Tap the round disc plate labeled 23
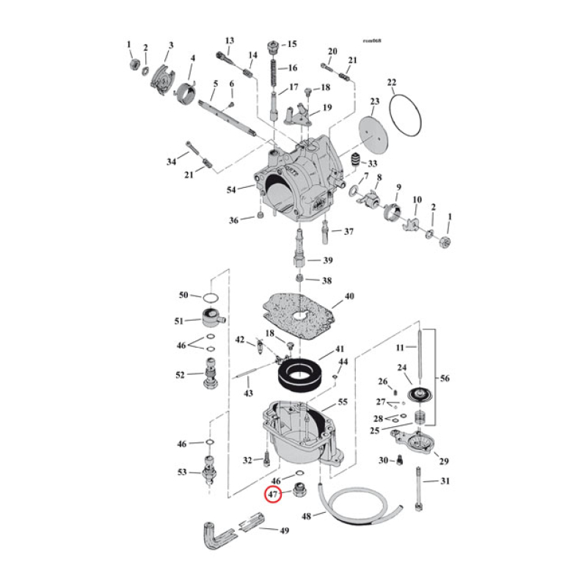pyautogui.click(x=374, y=125)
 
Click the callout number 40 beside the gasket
pyautogui.click(x=349, y=296)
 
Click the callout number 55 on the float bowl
pyautogui.click(x=342, y=403)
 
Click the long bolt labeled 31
pyautogui.click(x=419, y=489)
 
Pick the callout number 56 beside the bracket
pyautogui.click(x=445, y=379)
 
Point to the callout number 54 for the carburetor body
pyautogui.click(x=232, y=190)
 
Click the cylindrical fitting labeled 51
pyautogui.click(x=209, y=320)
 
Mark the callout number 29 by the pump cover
pyautogui.click(x=443, y=461)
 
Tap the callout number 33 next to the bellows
pyautogui.click(x=372, y=163)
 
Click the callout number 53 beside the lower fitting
pyautogui.click(x=182, y=472)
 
